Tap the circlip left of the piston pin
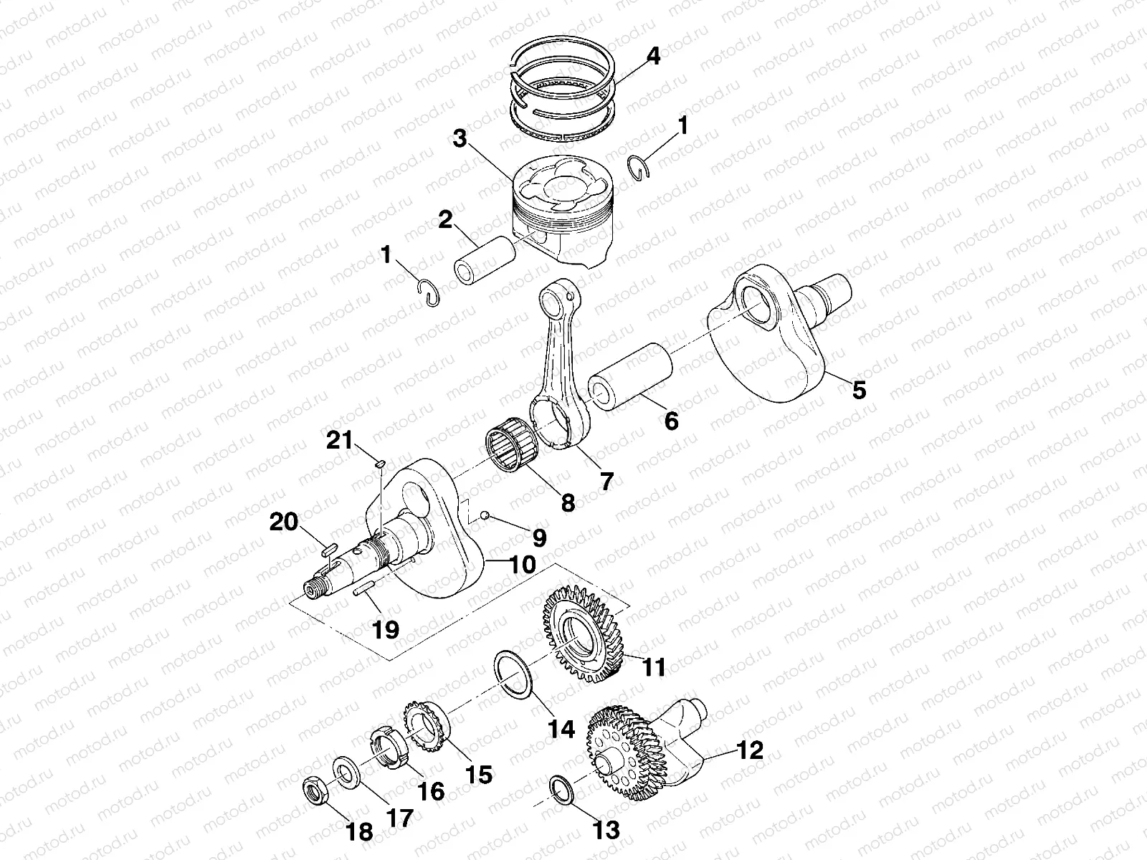429,294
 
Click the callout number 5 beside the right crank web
858,390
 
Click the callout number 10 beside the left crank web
523,564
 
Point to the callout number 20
284,522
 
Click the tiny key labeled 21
381,464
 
